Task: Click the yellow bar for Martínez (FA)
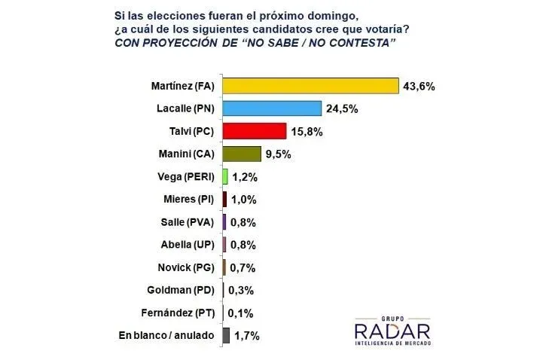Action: (x=310, y=85)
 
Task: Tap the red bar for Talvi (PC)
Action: (x=254, y=131)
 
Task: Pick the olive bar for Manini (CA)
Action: (x=241, y=154)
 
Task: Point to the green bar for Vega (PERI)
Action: (x=225, y=176)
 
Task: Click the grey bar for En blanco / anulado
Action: (x=226, y=335)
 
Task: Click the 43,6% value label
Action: (x=419, y=86)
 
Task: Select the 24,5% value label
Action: (x=342, y=108)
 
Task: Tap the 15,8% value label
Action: (x=307, y=131)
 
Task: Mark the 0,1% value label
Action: (x=241, y=313)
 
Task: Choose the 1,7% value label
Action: (x=246, y=335)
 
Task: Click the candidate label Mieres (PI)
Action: (x=185, y=199)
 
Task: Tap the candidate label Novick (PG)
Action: (x=183, y=267)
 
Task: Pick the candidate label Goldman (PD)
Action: (x=179, y=290)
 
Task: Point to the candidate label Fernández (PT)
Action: (x=176, y=313)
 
